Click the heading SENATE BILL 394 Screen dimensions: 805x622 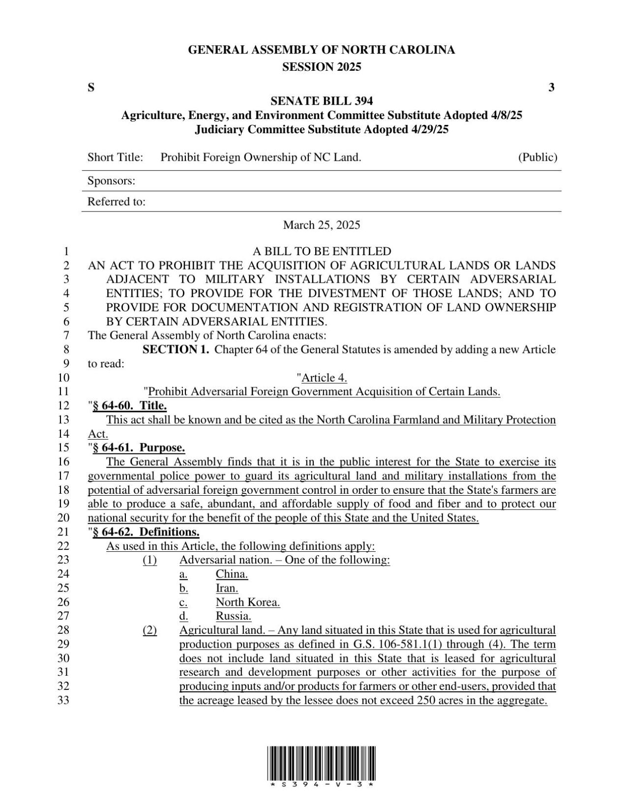coord(322,101)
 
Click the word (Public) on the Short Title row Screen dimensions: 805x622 coord(537,157)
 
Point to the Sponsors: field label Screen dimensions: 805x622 coord(111,181)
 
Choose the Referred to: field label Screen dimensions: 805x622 coord(116,202)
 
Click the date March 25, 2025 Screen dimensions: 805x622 coord(322,225)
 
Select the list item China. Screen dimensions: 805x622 coord(232,574)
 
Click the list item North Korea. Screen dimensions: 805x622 coord(248,602)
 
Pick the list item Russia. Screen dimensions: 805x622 coord(234,616)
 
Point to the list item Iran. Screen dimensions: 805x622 coord(227,588)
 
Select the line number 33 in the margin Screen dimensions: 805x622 coord(64,700)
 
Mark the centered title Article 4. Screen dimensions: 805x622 coord(324,378)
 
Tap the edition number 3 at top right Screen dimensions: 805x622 coord(551,88)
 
